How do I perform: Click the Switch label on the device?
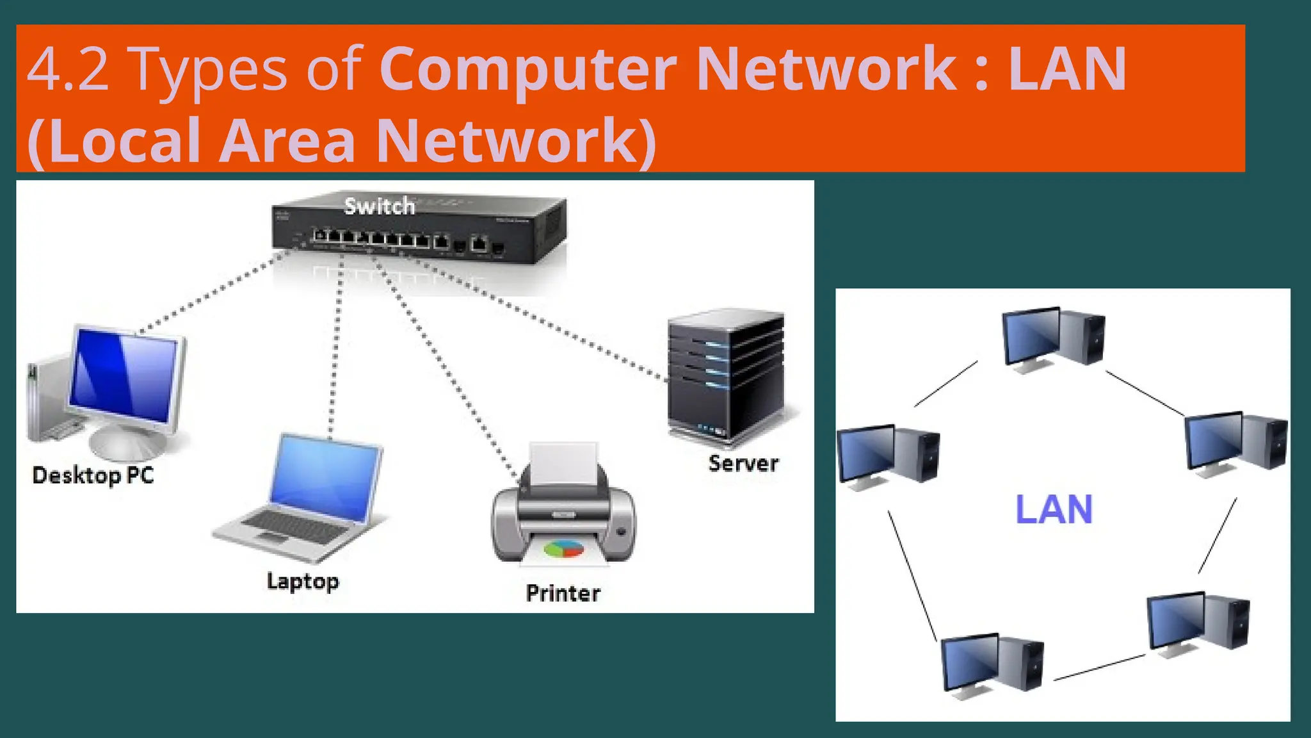click(x=379, y=206)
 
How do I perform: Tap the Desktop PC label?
click(x=93, y=475)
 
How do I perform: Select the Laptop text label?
click(x=303, y=581)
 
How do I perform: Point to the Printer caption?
click(x=563, y=593)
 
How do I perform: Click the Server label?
click(x=743, y=463)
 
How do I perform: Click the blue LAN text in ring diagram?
click(x=1054, y=510)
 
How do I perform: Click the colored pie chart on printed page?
click(x=563, y=549)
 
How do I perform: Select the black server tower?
click(x=725, y=378)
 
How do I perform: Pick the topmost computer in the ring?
click(x=1052, y=338)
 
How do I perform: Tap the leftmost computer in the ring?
click(x=887, y=455)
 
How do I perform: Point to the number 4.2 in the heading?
click(x=67, y=69)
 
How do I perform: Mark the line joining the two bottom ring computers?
click(x=1099, y=668)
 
